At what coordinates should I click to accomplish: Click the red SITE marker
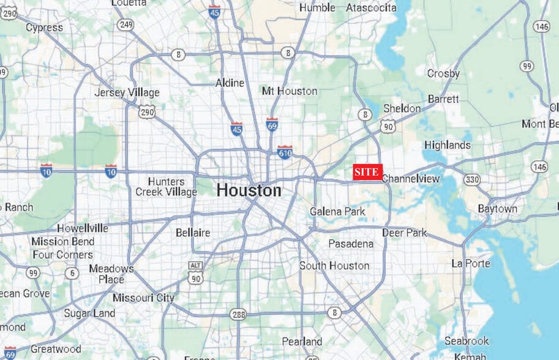pos(367,172)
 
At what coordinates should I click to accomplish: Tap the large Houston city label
pos(249,190)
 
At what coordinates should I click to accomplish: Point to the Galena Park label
pos(337,211)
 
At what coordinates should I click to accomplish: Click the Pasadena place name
pos(351,244)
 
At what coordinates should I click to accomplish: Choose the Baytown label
pos(497,209)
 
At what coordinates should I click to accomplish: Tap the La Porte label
pos(471,263)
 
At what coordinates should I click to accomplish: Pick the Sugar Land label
pos(89,313)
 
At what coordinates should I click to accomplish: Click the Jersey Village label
pos(127,92)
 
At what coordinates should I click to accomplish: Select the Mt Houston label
pos(290,91)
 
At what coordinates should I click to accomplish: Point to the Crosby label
pos(443,73)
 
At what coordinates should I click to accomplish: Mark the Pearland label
pos(302,341)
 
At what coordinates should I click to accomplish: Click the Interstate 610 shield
pos(285,152)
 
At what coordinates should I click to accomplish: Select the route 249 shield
pos(127,24)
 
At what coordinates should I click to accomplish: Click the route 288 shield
pos(238,314)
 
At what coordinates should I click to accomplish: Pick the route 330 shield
pos(471,179)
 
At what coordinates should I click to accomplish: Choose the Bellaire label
pos(193,233)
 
